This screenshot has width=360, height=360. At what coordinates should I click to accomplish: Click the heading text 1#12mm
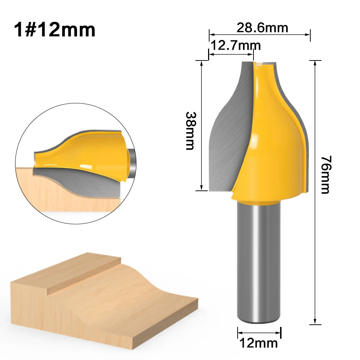(55, 30)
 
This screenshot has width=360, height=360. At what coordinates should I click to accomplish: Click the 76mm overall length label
(325, 175)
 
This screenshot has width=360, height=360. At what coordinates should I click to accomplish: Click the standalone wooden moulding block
(104, 299)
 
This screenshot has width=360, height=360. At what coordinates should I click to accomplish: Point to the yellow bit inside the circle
(90, 151)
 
